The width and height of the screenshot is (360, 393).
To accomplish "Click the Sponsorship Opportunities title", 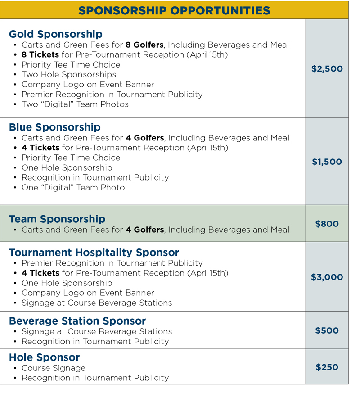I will pos(174,10).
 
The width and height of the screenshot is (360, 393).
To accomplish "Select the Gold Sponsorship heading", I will pos(55,34).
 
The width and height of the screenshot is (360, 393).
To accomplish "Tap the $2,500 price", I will pos(327,69).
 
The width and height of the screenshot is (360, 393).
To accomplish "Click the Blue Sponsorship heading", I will pos(54,127).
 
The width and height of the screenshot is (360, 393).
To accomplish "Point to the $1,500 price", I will pos(327,162).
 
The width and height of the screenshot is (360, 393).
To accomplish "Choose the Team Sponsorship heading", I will pos(57,219).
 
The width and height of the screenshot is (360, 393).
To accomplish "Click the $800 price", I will pos(327,224).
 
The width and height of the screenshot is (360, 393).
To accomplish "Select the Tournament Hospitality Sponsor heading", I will pos(94,253).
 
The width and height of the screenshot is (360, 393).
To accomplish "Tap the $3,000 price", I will pos(327,277).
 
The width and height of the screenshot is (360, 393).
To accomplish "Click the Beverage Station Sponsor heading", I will pos(77,321).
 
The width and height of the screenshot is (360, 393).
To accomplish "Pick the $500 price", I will pos(327,330).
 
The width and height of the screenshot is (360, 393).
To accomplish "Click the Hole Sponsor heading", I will pos(44,357).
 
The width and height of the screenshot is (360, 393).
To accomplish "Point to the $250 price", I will pos(327,367).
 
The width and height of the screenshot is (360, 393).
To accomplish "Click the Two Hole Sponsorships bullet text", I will pos(69,75).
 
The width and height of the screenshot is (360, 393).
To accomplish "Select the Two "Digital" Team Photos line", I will pos(75,104).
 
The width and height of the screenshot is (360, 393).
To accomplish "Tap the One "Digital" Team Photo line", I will pos(73,187).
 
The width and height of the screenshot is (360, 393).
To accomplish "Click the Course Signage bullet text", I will pos(54,368).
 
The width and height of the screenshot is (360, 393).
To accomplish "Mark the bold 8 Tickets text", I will pos(40,55).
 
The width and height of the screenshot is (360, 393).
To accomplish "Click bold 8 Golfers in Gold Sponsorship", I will pos(144,45).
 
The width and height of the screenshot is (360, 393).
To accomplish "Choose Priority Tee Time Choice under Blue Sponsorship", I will pos(71,158).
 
